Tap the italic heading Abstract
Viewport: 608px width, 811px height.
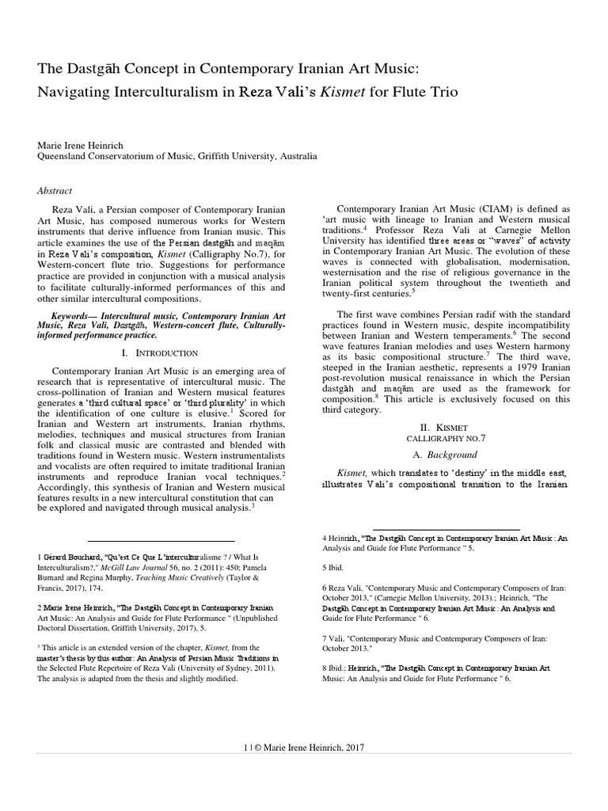coord(55,190)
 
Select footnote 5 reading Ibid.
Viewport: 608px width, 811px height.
coord(332,567)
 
